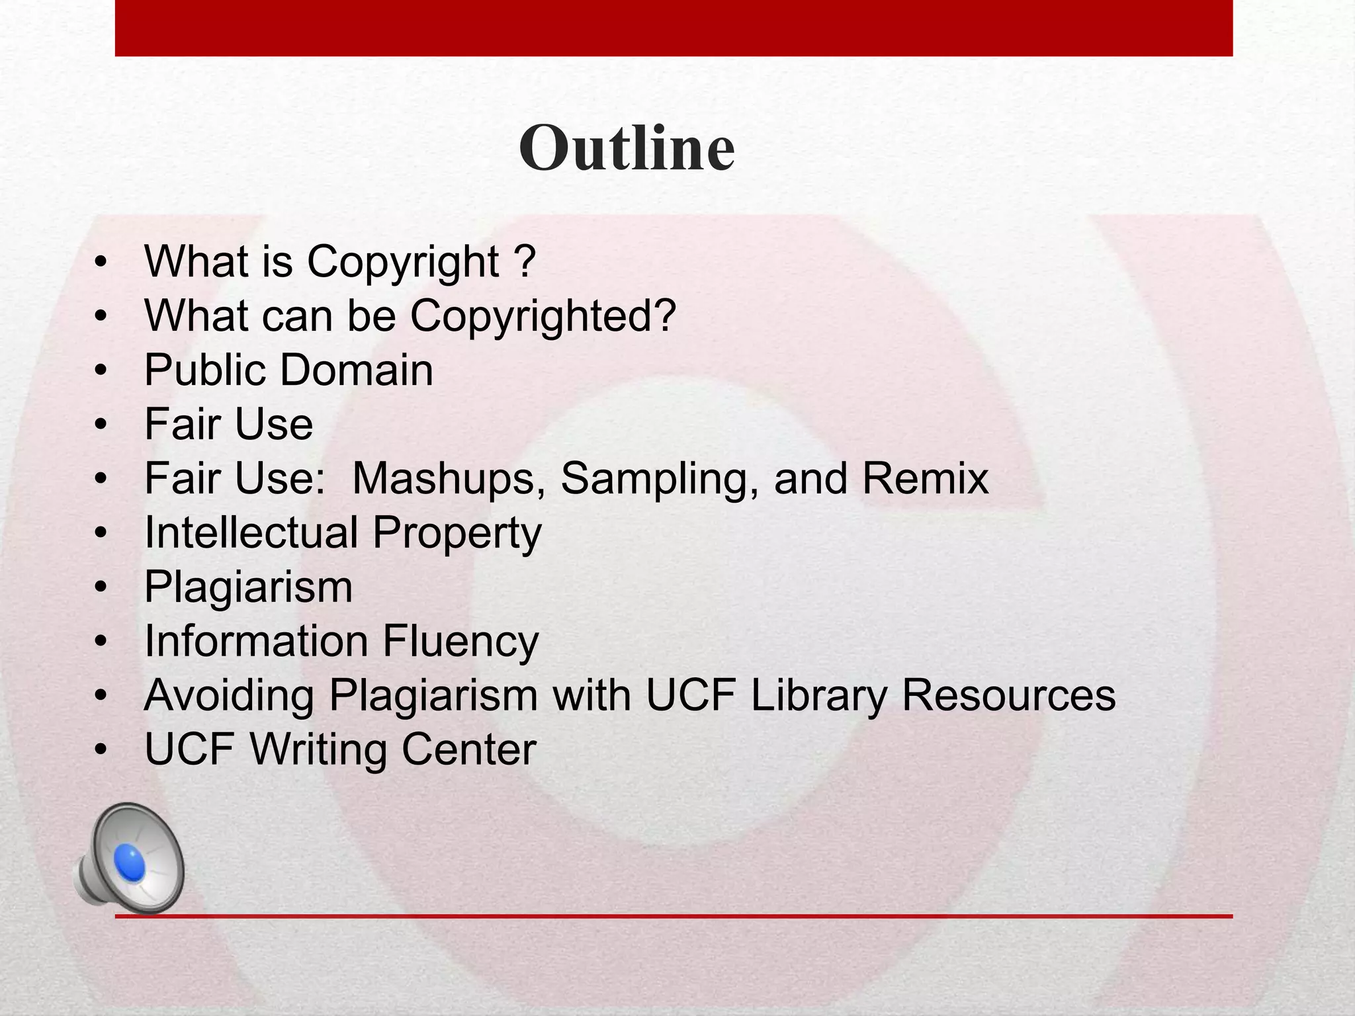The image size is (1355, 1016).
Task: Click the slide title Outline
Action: (627, 148)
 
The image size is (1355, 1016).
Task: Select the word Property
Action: (457, 533)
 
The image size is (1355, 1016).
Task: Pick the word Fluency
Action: (460, 642)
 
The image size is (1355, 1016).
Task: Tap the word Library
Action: (819, 696)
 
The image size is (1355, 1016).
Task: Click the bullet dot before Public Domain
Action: (101, 370)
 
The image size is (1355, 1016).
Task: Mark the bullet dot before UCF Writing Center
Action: (101, 750)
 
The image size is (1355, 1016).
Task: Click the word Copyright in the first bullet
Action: (403, 262)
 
